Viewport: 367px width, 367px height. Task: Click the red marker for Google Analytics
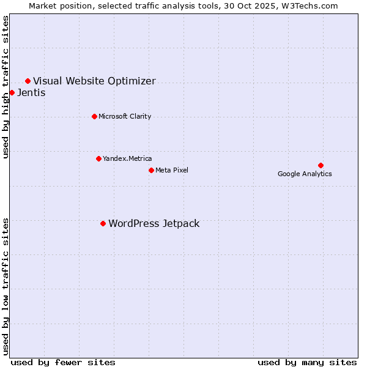[x=321, y=165]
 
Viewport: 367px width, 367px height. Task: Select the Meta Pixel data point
[x=151, y=170]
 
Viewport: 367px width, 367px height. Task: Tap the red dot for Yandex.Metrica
[x=98, y=158]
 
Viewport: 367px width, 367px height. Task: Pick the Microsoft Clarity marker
[x=94, y=116]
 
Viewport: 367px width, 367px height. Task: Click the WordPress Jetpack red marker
[x=103, y=223]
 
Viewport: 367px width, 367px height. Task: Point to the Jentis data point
[x=12, y=92]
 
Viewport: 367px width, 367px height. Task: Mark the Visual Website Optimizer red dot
[x=28, y=81]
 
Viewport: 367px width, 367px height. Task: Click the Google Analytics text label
[x=305, y=174]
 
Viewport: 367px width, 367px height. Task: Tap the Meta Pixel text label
[x=172, y=170]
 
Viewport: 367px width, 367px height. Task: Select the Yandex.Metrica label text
[x=127, y=158]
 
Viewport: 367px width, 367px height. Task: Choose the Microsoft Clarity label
[x=125, y=116]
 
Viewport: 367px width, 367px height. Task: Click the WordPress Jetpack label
[x=154, y=223]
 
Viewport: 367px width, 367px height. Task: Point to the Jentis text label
[x=31, y=93]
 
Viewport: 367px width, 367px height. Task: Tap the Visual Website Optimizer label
[x=94, y=81]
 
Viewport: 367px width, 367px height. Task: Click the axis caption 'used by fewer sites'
[x=63, y=362]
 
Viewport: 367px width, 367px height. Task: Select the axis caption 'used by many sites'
[x=307, y=362]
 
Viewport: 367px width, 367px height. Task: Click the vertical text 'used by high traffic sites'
[x=6, y=87]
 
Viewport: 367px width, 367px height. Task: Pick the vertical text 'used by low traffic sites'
[x=6, y=286]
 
